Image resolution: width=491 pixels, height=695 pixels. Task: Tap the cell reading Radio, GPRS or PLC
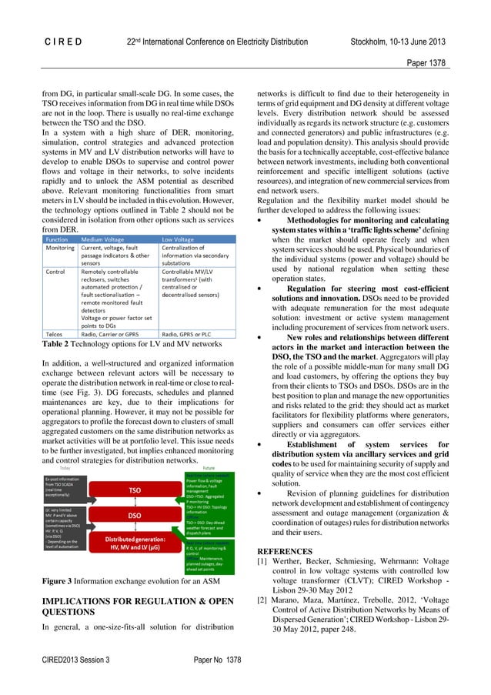tap(196, 336)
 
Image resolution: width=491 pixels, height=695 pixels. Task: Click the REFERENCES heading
tap(284, 551)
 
